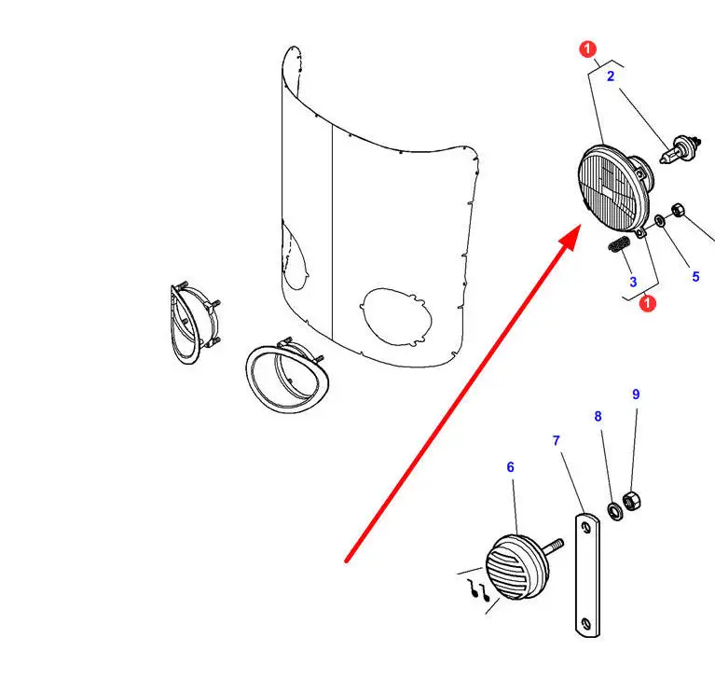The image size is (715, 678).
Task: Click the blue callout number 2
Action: [611, 76]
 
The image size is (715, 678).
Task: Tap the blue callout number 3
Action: [633, 282]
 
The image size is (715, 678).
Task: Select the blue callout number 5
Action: [695, 276]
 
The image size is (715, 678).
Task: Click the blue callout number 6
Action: [510, 466]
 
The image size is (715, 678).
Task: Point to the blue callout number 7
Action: [556, 441]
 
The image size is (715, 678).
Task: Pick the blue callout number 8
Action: [598, 416]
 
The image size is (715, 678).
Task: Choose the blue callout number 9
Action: [636, 394]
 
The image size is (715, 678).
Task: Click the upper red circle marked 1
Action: [588, 48]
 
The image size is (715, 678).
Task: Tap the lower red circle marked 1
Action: [647, 303]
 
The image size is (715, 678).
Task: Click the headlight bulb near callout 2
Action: [681, 149]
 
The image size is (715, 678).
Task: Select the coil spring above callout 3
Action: [619, 244]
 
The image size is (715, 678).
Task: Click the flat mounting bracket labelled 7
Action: [587, 574]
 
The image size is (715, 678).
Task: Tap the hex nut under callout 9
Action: [631, 502]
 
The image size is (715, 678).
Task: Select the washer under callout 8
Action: [614, 511]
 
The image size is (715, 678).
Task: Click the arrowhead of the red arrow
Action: [571, 236]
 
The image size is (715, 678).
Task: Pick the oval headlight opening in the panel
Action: [395, 317]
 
